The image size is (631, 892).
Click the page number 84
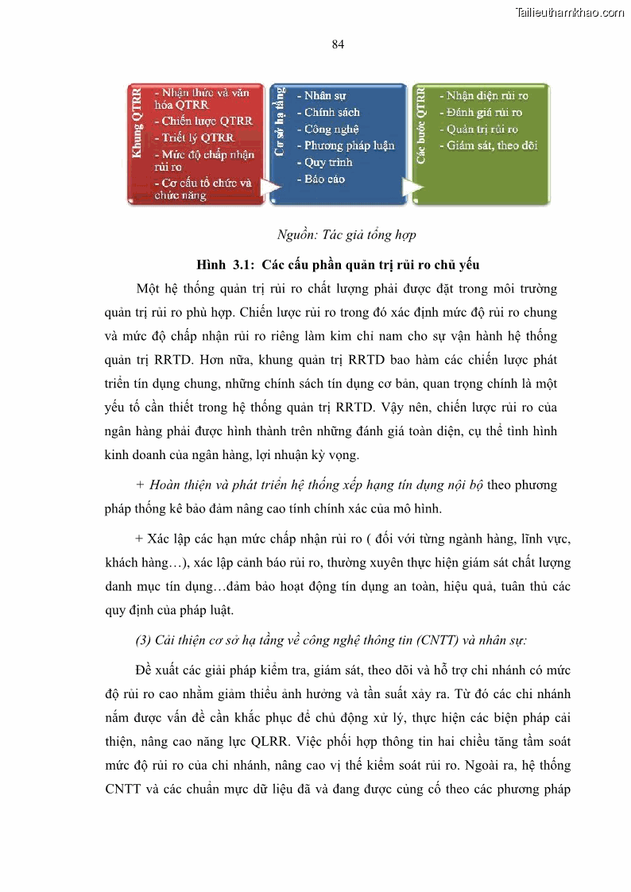click(338, 44)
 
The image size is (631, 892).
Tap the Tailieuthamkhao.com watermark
click(570, 12)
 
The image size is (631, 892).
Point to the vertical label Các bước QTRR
click(420, 127)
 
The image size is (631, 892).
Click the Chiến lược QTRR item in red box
click(206, 122)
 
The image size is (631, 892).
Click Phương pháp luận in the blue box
click(349, 145)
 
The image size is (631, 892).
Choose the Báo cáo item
click(324, 179)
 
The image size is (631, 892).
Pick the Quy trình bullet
click(328, 162)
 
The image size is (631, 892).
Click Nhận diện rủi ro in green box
click(487, 95)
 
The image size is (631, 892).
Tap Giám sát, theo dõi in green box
click(492, 145)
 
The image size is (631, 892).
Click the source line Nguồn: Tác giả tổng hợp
click(346, 235)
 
